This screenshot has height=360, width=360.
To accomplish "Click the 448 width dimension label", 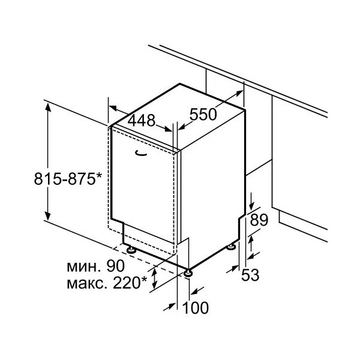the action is pos(142,121).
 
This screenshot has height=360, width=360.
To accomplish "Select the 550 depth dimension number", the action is pos(203,115).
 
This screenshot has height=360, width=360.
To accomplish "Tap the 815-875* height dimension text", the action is pos(68,179).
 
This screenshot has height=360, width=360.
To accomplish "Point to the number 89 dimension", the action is pos(259,220).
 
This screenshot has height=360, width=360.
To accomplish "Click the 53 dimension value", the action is pos(250,275).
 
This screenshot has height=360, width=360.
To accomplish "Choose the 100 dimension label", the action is pos(196,308).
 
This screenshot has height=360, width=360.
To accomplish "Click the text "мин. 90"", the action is pos(96,266).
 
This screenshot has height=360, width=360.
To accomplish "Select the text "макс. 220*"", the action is pos(107,283).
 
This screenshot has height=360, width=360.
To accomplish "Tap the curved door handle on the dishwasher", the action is pos(141,154).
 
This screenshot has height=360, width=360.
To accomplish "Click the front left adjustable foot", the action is pos(131,250).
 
